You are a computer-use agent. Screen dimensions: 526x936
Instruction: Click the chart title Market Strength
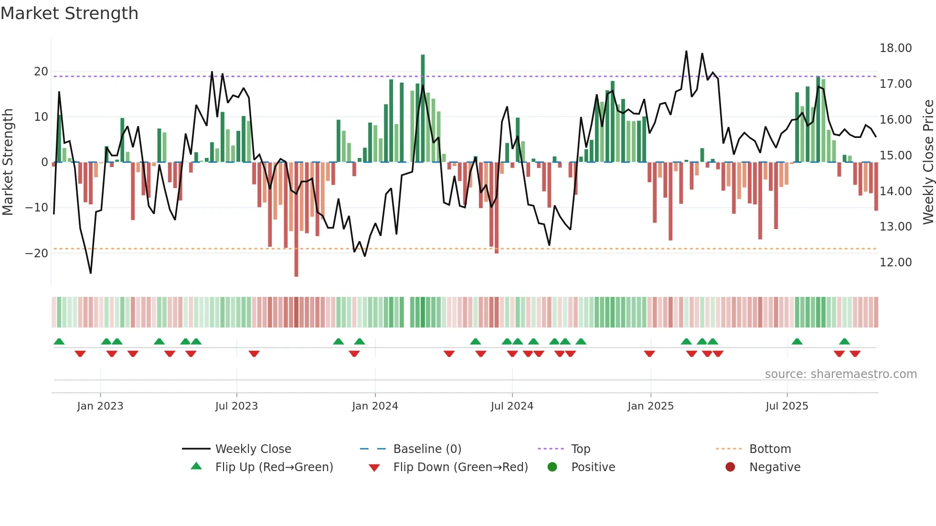[69, 13]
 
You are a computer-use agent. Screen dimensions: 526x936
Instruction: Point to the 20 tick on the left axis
[41, 72]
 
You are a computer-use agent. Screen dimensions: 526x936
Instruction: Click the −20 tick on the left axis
[37, 253]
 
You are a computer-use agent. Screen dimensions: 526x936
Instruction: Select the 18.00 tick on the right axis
[895, 48]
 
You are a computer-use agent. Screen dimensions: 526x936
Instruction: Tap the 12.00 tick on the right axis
[895, 263]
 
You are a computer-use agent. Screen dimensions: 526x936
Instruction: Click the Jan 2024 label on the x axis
[375, 406]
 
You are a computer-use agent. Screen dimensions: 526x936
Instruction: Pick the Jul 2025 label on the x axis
[787, 406]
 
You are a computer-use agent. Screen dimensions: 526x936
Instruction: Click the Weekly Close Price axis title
[928, 162]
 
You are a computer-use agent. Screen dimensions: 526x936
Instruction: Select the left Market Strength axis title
[8, 162]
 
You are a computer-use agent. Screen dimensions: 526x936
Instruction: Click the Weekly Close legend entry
[253, 449]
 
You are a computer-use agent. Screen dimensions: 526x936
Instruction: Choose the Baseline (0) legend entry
[427, 449]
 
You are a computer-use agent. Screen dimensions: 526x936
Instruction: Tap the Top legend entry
[580, 449]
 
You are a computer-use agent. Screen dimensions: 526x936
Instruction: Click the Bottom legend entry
[770, 449]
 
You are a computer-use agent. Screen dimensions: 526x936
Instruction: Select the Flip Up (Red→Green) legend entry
[274, 467]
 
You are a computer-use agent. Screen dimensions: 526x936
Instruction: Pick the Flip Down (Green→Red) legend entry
[460, 467]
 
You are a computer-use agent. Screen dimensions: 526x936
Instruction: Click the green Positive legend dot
[553, 467]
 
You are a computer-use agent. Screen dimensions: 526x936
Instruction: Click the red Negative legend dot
[730, 467]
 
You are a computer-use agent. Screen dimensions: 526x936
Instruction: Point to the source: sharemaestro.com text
[840, 374]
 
